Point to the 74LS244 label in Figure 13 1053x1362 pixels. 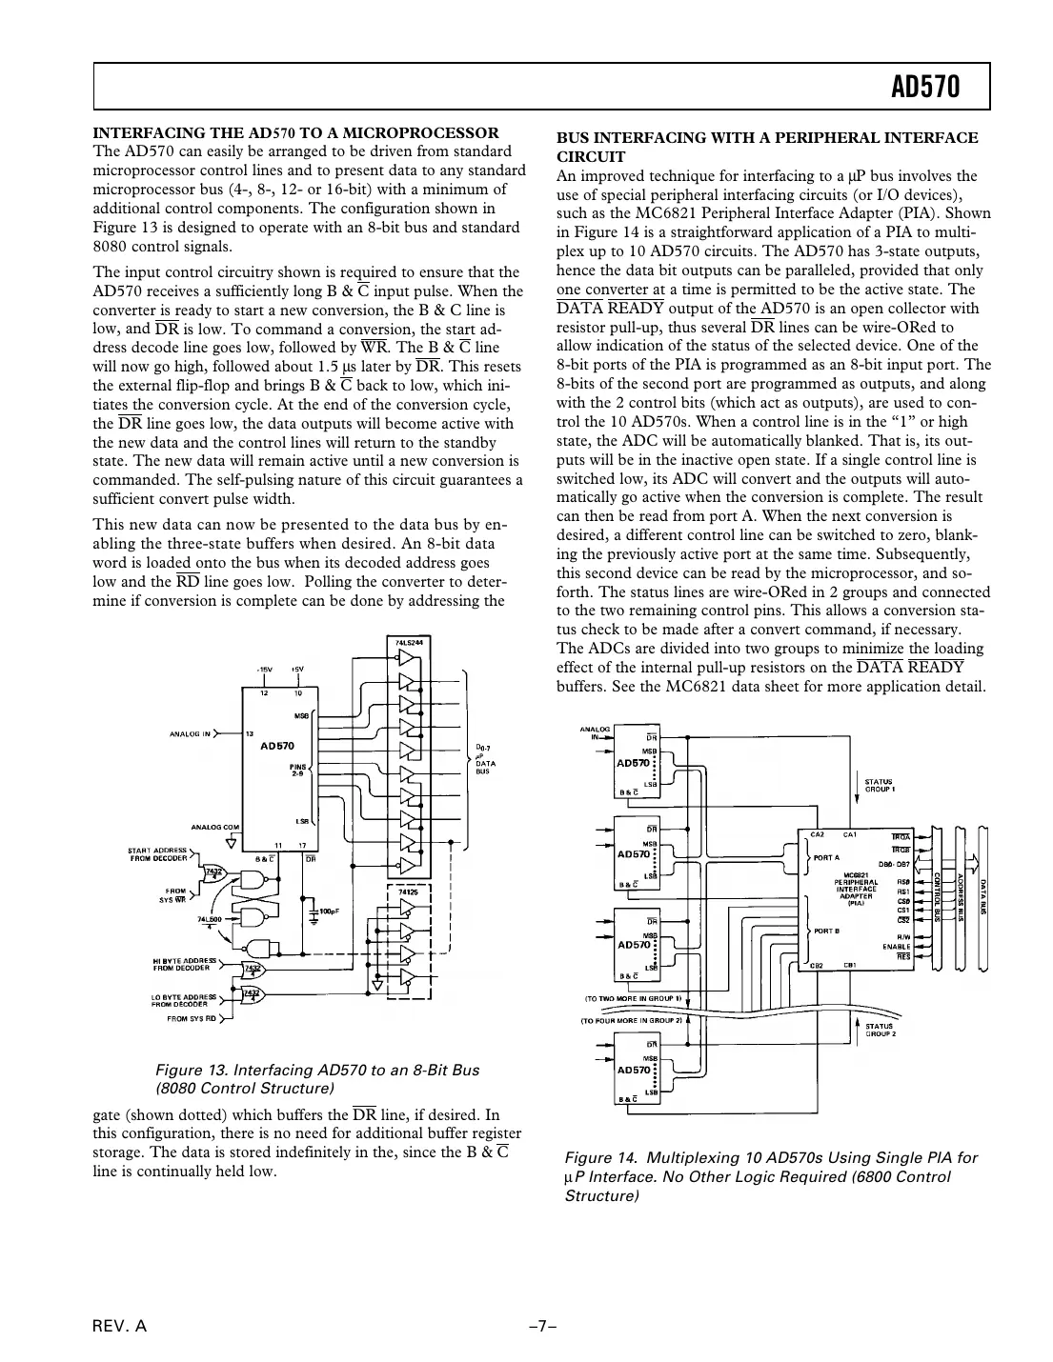410,643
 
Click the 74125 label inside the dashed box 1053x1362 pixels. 406,891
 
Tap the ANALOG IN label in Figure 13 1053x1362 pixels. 192,734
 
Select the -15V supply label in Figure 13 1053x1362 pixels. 262,670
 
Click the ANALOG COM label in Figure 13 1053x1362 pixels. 215,827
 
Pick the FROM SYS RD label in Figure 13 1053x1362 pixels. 191,1018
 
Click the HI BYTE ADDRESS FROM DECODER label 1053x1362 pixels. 185,964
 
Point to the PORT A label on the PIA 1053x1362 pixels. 825,856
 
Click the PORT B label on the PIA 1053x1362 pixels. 825,930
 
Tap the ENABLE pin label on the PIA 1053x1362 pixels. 896,946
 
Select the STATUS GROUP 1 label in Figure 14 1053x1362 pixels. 880,785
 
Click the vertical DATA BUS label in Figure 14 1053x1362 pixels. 982,895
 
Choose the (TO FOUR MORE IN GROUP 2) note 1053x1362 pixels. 632,1020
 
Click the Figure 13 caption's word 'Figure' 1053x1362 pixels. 184,1070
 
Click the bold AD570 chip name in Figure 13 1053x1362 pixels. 277,747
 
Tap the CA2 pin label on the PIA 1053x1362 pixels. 816,834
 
